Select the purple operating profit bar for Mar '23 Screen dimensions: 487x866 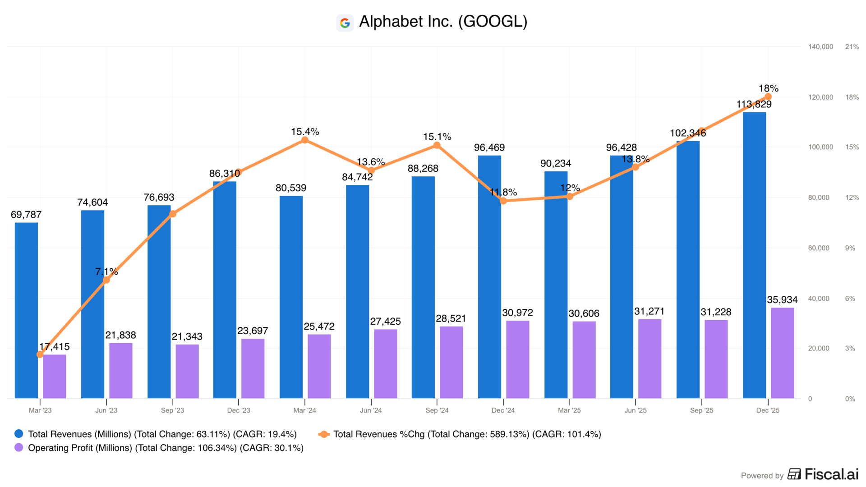55,377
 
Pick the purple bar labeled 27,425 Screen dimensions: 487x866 386,364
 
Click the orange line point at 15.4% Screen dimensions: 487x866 305,140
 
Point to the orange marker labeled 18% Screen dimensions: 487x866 768,97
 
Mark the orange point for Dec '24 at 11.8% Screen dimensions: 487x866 503,201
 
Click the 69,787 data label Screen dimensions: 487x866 26,215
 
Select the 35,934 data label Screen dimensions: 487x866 782,300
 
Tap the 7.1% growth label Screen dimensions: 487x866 106,271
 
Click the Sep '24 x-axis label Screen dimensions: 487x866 437,410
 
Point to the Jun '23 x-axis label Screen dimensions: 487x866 106,410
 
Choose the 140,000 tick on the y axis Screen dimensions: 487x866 820,47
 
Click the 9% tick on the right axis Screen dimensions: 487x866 850,248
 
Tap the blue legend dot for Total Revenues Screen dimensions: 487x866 19,434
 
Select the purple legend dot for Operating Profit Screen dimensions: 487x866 19,448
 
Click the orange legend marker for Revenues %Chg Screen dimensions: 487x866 324,434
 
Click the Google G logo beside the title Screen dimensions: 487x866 345,23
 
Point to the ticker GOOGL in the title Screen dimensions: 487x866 493,22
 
